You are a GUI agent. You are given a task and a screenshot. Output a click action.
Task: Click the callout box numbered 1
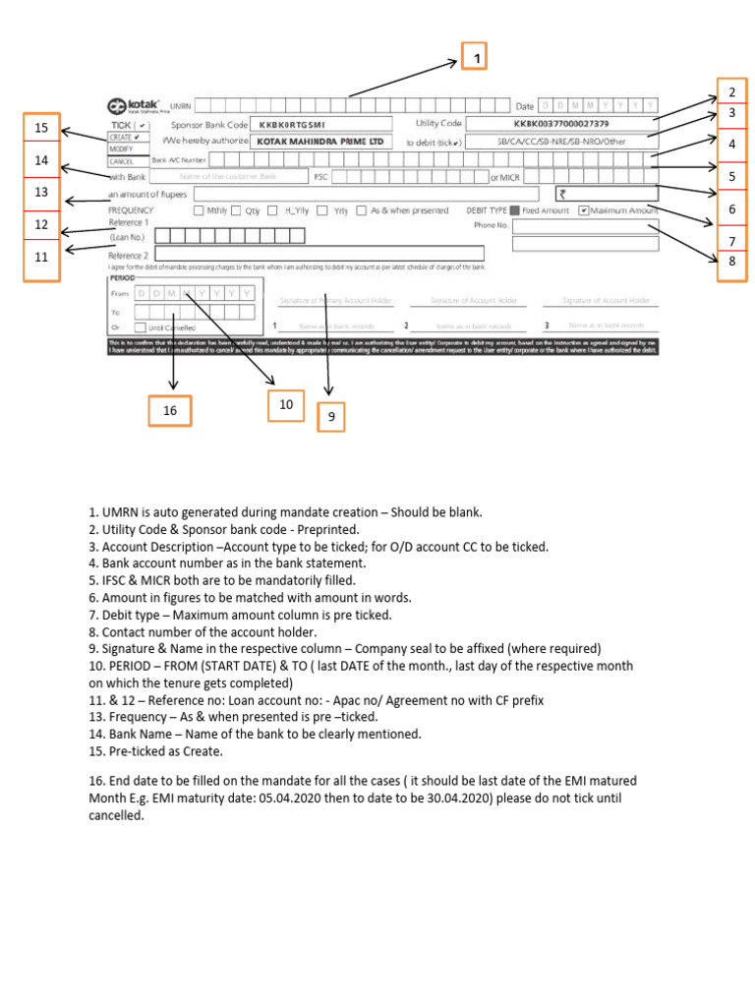point(477,60)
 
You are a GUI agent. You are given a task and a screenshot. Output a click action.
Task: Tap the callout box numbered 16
point(170,410)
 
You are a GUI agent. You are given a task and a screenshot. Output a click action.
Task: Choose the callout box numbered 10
point(286,404)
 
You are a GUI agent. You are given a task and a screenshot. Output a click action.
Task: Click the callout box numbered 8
point(732,262)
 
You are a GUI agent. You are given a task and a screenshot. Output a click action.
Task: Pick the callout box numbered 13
point(41,192)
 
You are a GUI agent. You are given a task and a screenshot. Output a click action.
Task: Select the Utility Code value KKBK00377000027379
point(560,124)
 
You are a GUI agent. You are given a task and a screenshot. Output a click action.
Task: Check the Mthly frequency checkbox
point(200,210)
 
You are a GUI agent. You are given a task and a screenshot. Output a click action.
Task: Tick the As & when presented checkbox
point(362,210)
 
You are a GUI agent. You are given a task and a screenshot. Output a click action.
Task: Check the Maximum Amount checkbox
point(584,210)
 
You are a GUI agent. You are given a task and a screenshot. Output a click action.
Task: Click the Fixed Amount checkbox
point(516,210)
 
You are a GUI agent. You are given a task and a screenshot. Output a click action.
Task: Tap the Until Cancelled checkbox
point(141,326)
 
